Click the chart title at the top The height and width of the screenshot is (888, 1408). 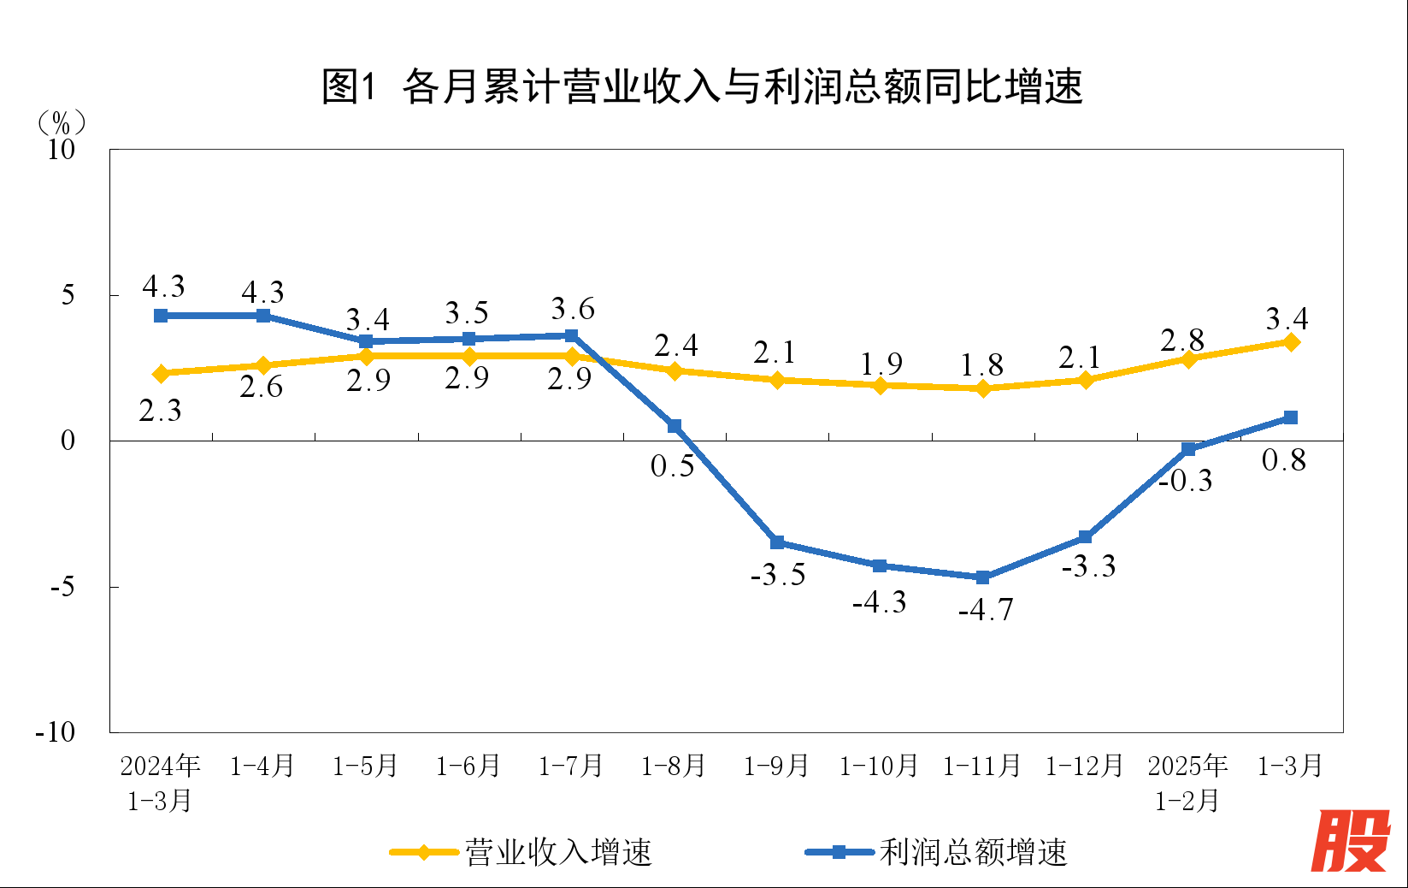703,86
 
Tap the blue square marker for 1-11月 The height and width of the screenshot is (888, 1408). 982,577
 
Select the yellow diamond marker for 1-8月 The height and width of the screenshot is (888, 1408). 675,371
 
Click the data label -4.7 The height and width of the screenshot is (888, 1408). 986,610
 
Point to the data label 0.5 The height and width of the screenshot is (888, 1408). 672,466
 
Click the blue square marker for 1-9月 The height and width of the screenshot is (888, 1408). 777,542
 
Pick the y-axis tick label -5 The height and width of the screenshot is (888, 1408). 62,587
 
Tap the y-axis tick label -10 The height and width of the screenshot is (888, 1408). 55,732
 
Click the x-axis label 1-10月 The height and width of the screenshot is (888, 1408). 879,766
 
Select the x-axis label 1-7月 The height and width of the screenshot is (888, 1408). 570,766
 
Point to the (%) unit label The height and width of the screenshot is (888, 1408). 62,123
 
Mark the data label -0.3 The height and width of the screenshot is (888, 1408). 1185,481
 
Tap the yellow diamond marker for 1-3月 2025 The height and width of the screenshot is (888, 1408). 1291,342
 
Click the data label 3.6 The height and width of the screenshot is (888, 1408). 572,309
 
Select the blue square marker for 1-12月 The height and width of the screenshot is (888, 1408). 1085,537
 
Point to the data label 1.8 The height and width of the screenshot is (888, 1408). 981,365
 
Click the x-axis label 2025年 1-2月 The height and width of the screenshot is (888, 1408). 1187,783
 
